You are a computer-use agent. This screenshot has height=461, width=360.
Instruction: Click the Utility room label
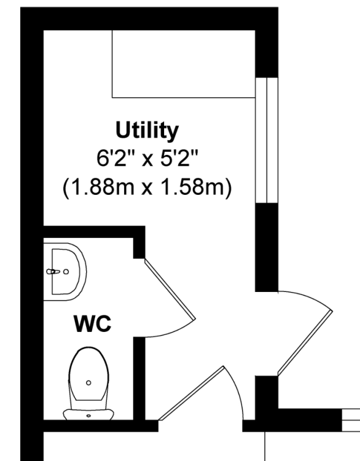[x=147, y=130]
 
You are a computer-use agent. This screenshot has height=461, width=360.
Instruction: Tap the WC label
[x=93, y=324]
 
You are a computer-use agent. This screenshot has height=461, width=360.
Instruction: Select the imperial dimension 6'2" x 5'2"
[x=147, y=159]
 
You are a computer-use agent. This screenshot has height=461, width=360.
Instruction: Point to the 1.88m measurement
[x=102, y=187]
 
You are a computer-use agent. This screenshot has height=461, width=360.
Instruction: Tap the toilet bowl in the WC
[x=88, y=374]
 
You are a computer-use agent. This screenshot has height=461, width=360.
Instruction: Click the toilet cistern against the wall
[x=88, y=414]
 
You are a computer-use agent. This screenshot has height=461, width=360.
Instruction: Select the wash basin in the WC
[x=65, y=272]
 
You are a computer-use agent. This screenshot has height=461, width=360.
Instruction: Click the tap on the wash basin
[x=53, y=272]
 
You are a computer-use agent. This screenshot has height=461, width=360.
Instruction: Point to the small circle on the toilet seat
[x=88, y=382]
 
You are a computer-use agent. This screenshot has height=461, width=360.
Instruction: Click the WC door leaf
[x=170, y=289]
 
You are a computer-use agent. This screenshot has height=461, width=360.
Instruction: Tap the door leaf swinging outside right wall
[x=305, y=343]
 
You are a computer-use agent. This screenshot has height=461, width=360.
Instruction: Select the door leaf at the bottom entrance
[x=191, y=393]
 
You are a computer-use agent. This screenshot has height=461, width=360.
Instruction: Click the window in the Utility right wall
[x=267, y=140]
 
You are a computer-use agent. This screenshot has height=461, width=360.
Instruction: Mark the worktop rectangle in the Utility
[x=184, y=64]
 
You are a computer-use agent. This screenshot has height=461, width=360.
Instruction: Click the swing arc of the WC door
[x=173, y=333]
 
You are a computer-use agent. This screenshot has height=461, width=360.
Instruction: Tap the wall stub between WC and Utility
[x=139, y=243]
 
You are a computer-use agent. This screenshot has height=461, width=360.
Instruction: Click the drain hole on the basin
[x=66, y=272]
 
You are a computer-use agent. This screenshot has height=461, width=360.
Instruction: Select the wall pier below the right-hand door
[x=266, y=392]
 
